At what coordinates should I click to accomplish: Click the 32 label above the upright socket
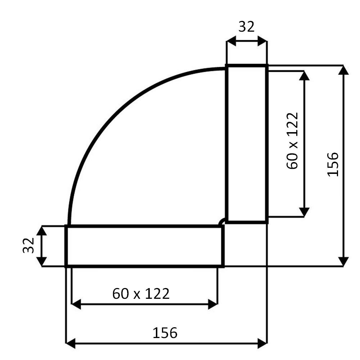point(247,27)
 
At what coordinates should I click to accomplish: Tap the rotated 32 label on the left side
point(29,246)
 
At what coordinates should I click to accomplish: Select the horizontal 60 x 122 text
point(141,294)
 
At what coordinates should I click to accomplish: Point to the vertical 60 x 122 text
point(292,140)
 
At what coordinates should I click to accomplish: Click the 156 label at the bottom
point(165,333)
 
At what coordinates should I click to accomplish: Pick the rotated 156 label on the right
point(333,164)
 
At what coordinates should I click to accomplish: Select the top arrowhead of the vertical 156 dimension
point(344,70)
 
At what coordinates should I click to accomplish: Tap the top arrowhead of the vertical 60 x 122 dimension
point(305,75)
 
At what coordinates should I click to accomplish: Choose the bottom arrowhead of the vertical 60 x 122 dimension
point(305,213)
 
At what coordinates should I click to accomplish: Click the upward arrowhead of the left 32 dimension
point(42,230)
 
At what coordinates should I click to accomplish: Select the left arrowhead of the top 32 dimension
point(231,41)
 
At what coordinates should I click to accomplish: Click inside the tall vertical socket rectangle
point(247,144)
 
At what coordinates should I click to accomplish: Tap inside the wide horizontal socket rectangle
point(144,246)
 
